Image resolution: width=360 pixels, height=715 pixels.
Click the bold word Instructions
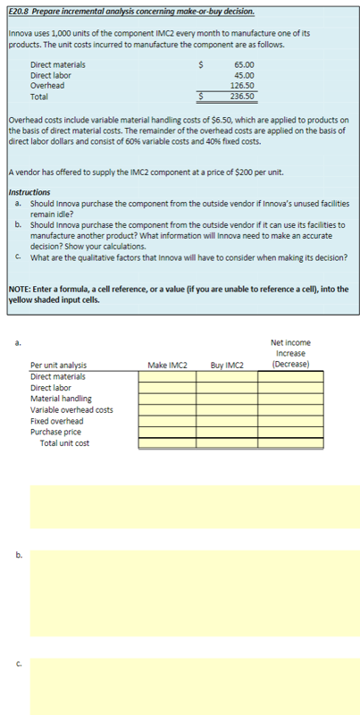31,192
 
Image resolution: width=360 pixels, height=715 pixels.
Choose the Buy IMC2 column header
227,365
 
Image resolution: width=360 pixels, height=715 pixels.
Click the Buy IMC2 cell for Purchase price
227,432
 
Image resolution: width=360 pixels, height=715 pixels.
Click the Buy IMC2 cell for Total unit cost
227,442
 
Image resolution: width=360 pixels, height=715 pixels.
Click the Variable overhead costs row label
71,410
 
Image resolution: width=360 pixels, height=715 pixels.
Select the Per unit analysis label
59,366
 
